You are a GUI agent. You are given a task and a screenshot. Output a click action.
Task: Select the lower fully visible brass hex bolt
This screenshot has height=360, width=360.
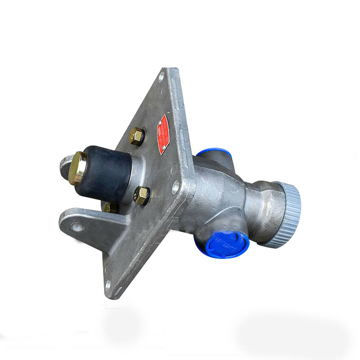pos(142,195)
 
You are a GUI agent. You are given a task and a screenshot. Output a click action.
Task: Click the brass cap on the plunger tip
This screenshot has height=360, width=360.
pos(78,167)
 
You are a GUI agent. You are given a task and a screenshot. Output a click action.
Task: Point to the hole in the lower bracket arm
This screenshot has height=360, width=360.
pos(77,226)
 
